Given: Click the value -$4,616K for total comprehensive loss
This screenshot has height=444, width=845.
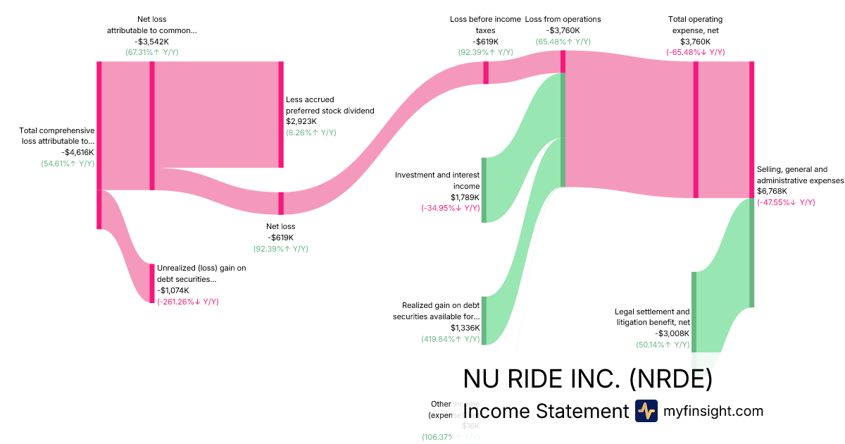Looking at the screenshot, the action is [77, 152].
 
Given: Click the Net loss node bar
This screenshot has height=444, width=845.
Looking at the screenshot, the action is [281, 203].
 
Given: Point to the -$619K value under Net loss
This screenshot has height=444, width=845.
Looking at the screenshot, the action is [280, 238].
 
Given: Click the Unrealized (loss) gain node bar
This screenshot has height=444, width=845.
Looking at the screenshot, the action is [151, 283].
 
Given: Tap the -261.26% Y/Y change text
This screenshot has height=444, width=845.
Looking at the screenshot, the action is [188, 302].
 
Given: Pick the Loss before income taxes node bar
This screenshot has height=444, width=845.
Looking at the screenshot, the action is [486, 73].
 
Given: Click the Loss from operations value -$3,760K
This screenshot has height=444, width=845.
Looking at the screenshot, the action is [563, 30].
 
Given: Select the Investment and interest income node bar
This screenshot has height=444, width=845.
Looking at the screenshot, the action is [484, 190].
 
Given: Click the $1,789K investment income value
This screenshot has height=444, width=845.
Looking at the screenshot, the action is [465, 197].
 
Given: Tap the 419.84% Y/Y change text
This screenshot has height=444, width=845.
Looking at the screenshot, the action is [451, 339].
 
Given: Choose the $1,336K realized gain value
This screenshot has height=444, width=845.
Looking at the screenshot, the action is [465, 328].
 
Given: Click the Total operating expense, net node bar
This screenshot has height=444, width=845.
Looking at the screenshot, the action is [696, 130].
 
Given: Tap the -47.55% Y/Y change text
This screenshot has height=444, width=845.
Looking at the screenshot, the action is [786, 202].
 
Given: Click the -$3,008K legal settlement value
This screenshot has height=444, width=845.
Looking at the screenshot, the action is [672, 333].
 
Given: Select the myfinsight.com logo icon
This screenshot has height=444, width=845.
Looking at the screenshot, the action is [646, 411].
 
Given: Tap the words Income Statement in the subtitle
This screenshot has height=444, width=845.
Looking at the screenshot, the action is [546, 412].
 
